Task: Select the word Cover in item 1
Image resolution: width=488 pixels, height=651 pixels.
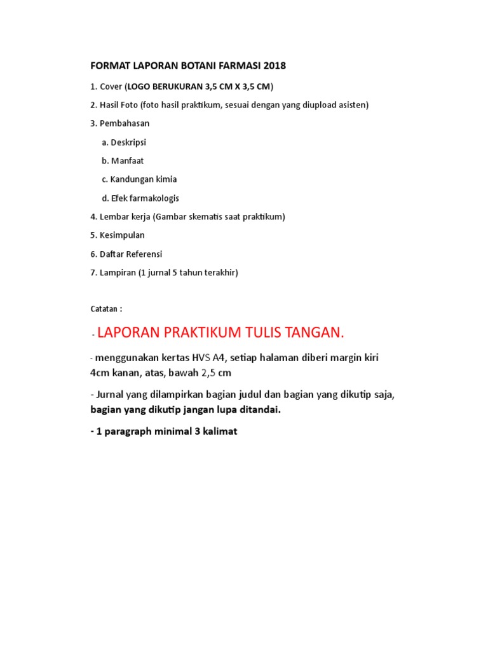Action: [111, 86]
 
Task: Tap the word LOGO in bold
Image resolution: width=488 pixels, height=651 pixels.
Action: [142, 86]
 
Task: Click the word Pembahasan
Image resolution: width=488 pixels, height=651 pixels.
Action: [125, 123]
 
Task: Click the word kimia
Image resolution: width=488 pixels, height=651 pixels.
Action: [165, 179]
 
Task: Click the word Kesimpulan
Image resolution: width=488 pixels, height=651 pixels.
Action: [122, 235]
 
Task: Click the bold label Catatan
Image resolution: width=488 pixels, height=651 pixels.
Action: [104, 309]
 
